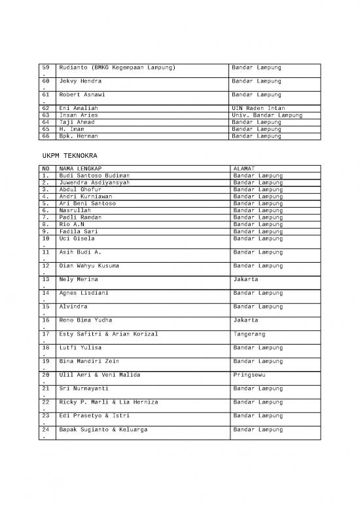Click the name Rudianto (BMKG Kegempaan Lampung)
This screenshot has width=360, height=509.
(x=118, y=67)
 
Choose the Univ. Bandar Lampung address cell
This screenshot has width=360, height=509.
(x=267, y=115)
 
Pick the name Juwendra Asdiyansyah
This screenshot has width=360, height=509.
(x=94, y=183)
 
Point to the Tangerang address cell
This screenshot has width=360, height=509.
(x=249, y=334)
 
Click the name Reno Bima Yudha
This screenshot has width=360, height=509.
(x=86, y=320)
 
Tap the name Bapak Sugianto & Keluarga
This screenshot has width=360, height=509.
(x=103, y=430)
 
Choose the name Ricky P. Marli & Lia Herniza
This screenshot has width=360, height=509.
(x=108, y=402)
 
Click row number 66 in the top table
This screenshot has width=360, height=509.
(x=46, y=136)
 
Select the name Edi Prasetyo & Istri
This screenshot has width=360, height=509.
(x=92, y=416)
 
